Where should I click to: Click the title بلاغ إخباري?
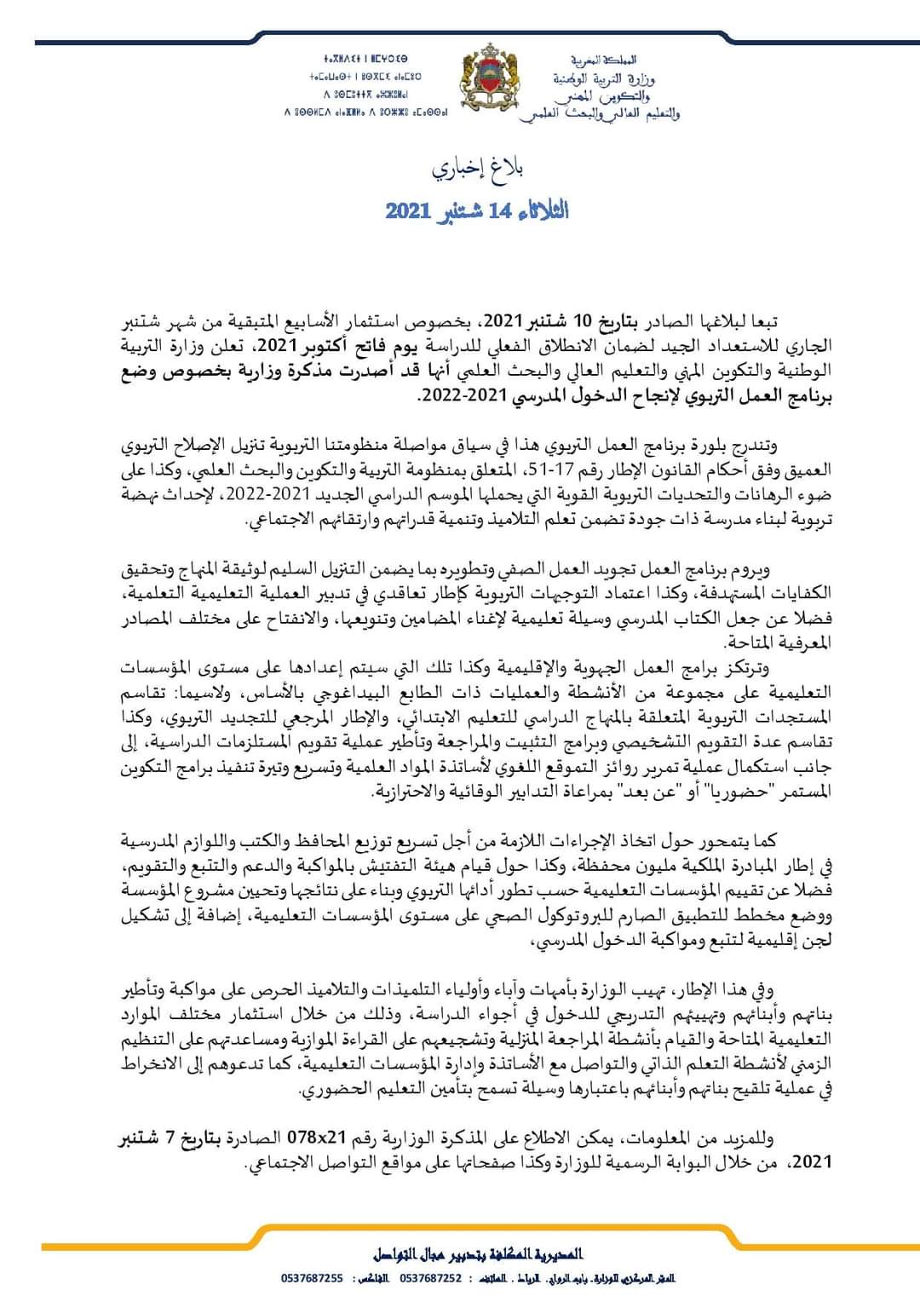click(477, 168)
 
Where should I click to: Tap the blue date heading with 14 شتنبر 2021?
click(477, 210)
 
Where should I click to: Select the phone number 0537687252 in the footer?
click(430, 1278)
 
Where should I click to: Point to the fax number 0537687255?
click(312, 1278)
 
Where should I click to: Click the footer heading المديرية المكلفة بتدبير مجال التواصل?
click(478, 1254)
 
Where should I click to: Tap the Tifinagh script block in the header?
click(365, 85)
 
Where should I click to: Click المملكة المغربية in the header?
click(602, 60)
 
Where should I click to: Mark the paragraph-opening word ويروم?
click(755, 570)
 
